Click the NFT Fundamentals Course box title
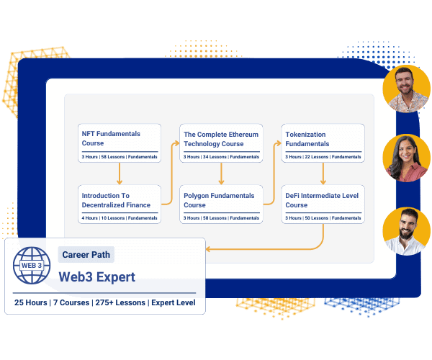coord(111,138)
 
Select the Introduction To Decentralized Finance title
coord(117,200)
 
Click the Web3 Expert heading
coord(97,277)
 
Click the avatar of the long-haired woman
coord(406,158)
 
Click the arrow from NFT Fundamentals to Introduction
coord(120,173)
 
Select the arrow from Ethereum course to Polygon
coord(221,173)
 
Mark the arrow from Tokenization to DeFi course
coord(323,173)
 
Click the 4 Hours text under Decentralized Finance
coord(90,218)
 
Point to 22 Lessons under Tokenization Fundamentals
coord(317,156)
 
